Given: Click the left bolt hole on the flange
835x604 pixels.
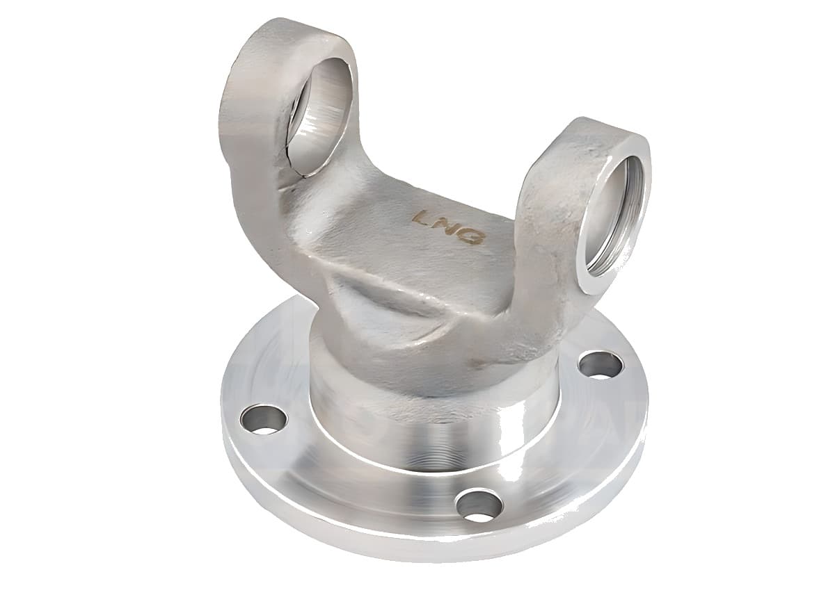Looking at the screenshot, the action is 264,420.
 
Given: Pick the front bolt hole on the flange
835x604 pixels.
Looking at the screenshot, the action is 479,505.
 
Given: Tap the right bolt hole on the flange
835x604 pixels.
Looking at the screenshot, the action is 600,365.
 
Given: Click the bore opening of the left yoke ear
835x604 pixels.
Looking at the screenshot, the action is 320,115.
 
